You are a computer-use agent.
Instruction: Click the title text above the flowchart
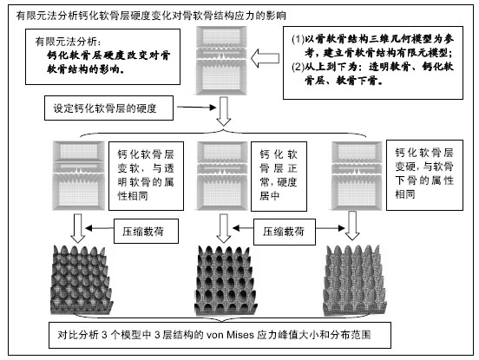point(151,16)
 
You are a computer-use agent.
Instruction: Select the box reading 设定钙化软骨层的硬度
point(108,108)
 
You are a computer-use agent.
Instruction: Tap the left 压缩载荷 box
point(146,231)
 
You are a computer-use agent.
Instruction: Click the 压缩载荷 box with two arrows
point(285,232)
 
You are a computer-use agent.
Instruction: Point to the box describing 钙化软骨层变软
point(146,176)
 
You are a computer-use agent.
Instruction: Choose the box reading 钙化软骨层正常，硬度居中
point(279,176)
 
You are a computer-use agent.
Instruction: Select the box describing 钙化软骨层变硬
point(424,175)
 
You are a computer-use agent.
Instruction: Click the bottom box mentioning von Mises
point(220,335)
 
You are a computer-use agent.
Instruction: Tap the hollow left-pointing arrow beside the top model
point(265,58)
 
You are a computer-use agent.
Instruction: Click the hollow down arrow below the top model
point(224,111)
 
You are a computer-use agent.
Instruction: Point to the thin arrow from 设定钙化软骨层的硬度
point(196,108)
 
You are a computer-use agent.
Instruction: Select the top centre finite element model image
point(221,61)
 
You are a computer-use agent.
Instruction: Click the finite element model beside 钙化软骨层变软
point(79,175)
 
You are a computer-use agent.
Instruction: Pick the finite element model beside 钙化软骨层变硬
point(357,175)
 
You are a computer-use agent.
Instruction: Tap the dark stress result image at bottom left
point(82,279)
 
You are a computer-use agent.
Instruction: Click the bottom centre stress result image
point(226,279)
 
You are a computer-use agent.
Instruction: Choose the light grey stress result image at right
point(354,279)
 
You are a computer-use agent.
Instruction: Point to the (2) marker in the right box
point(298,67)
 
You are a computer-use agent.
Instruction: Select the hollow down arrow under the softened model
point(78,228)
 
